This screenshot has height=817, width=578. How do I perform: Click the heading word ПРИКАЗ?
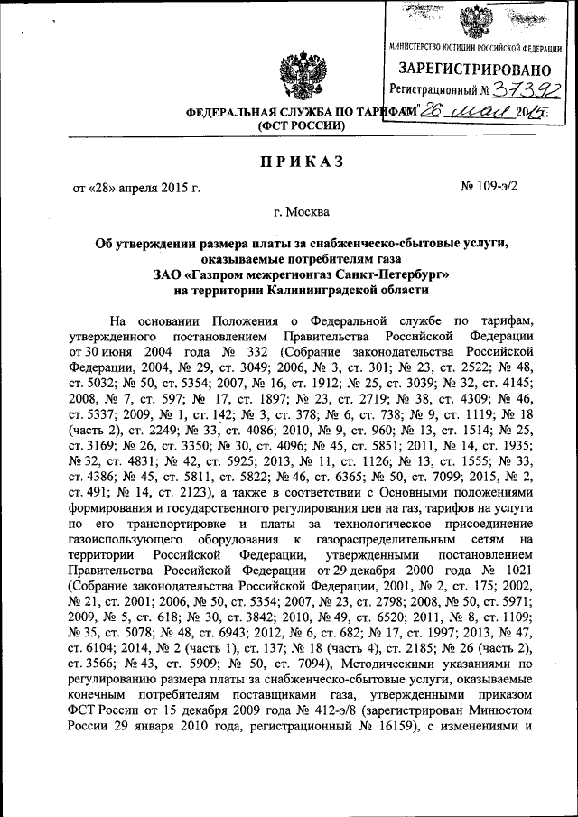pyautogui.click(x=289, y=161)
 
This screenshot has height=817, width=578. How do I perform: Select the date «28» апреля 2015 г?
pyautogui.click(x=136, y=188)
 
